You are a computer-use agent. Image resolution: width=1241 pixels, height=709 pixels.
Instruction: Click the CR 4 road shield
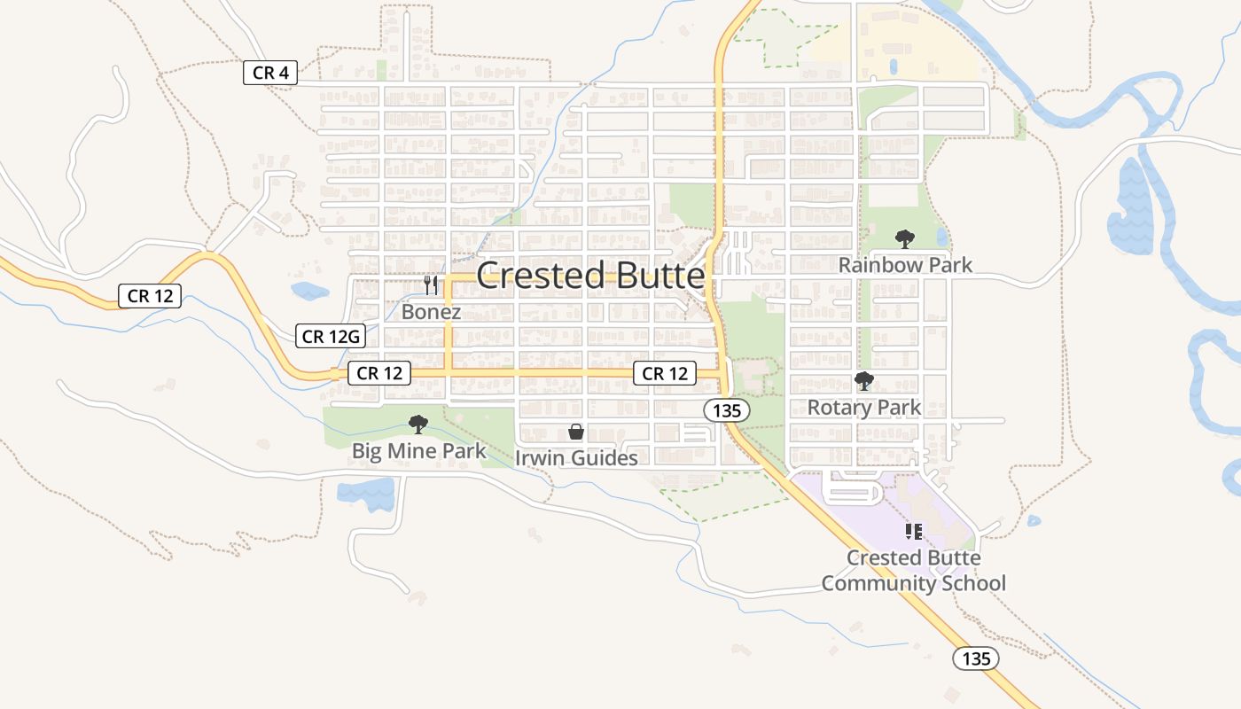[269, 73]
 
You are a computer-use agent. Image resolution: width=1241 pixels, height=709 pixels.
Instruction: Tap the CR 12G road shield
[331, 336]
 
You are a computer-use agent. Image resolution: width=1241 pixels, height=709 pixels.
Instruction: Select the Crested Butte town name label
[590, 276]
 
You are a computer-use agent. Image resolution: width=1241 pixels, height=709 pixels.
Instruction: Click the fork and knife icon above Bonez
[431, 285]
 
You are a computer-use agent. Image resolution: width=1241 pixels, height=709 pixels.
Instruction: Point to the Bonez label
[431, 312]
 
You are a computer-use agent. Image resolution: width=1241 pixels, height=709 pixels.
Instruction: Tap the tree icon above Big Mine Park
[418, 425]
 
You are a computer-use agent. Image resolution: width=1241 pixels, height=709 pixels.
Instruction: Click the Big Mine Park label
[418, 451]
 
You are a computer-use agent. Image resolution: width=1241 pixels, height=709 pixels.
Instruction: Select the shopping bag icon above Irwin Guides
[576, 432]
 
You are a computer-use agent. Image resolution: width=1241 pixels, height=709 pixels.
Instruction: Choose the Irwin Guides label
[576, 458]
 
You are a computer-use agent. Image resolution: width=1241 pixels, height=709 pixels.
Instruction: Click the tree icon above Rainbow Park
[904, 238]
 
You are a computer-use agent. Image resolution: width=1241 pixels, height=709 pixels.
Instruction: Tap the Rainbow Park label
[905, 265]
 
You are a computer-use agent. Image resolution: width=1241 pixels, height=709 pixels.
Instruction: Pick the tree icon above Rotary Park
[864, 381]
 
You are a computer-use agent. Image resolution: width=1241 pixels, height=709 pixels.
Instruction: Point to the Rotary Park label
[864, 408]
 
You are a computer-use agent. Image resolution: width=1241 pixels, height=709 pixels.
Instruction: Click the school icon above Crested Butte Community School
[914, 532]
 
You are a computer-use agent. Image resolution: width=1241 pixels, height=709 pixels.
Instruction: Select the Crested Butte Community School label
[914, 571]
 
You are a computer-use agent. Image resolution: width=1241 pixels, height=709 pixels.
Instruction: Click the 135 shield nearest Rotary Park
[727, 410]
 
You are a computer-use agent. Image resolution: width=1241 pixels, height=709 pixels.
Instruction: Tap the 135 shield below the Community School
[976, 658]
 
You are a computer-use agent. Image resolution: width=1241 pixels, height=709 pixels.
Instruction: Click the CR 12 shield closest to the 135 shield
[665, 373]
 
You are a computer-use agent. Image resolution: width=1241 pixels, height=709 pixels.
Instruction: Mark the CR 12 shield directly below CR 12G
[379, 373]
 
